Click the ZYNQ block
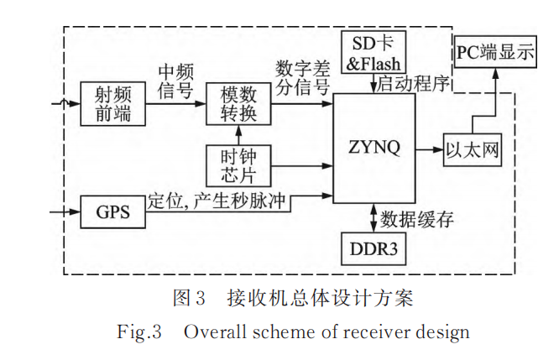coord(374,149)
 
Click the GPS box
coord(112,211)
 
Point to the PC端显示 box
coord(495,53)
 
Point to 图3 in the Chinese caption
coord(189,297)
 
